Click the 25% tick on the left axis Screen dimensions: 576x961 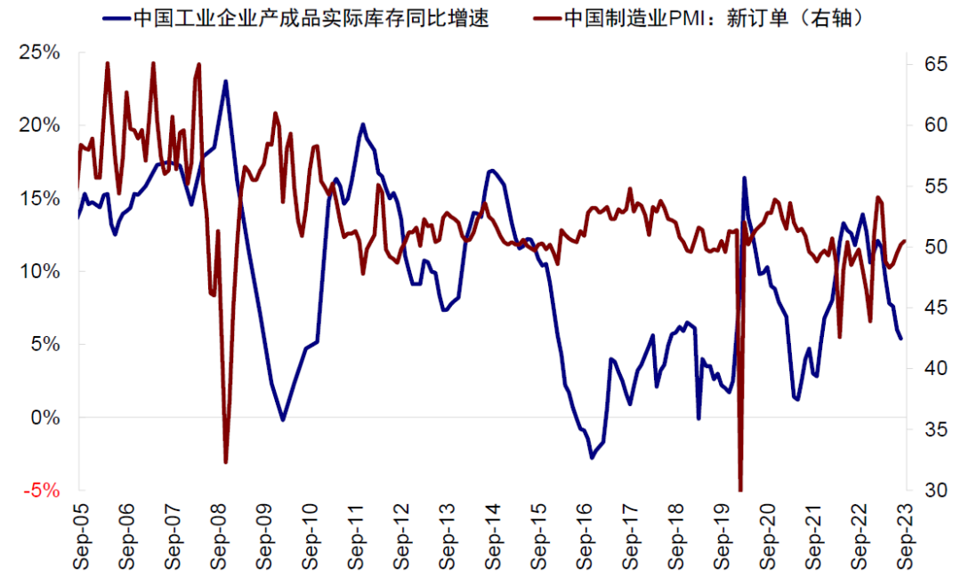(39, 52)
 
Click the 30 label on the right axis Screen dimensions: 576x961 (926, 491)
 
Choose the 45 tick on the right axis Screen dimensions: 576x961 (926, 308)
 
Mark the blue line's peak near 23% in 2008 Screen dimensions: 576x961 (225, 81)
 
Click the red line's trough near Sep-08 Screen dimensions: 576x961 (226, 461)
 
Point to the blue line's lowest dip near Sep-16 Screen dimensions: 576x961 (591, 458)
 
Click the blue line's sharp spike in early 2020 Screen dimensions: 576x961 (745, 178)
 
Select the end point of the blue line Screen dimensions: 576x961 (900, 339)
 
